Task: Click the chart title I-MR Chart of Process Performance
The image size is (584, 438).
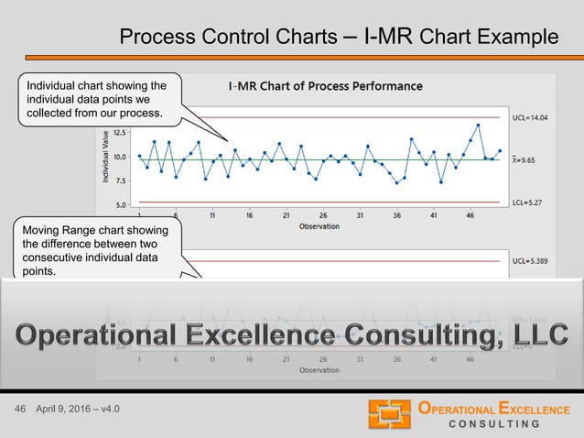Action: (325, 86)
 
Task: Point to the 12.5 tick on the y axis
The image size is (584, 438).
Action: (121, 132)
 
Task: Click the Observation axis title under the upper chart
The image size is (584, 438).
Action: (319, 226)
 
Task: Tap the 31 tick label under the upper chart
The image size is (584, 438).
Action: (360, 216)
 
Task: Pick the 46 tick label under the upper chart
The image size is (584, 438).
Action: (470, 216)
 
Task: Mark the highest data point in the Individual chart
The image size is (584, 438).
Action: (478, 126)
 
